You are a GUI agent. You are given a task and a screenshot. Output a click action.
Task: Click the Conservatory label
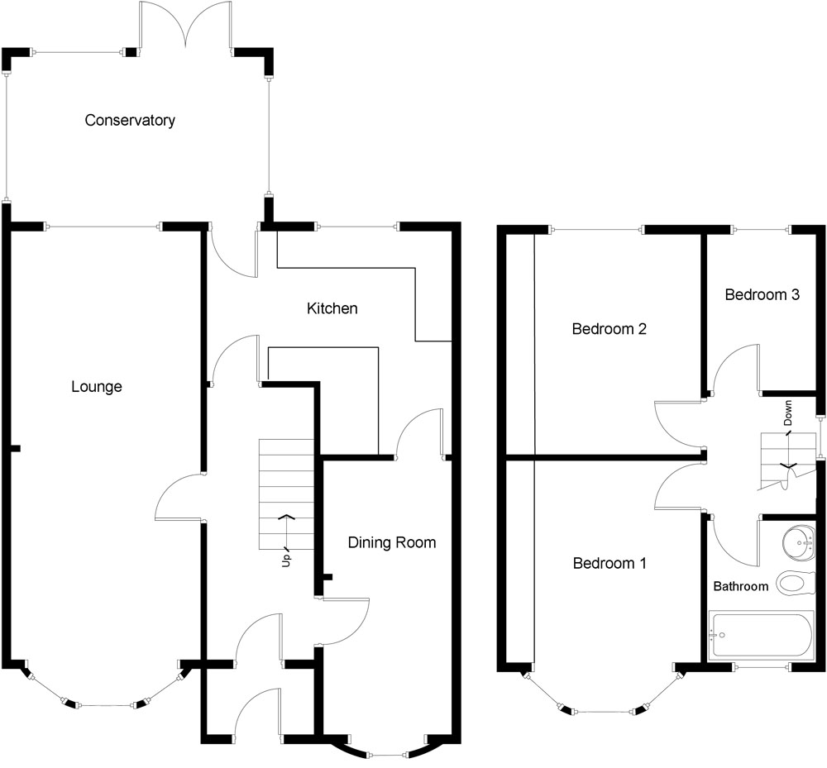[x=130, y=121]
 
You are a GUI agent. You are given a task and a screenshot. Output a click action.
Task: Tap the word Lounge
[x=96, y=386]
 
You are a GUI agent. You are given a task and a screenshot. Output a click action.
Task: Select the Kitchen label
[x=332, y=308]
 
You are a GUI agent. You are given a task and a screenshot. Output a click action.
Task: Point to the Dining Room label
[x=391, y=542]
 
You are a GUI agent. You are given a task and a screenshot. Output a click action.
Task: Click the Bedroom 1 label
[x=609, y=564]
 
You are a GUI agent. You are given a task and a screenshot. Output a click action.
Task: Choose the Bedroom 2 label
[x=609, y=329]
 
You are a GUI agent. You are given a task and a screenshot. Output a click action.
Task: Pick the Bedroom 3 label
[x=762, y=294]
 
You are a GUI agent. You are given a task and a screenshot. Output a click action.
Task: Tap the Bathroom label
[x=741, y=586]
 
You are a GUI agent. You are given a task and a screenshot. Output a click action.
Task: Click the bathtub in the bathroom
[x=762, y=636]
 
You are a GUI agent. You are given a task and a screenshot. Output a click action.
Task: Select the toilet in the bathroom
[x=795, y=584]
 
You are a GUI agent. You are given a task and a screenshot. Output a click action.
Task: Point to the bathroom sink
[x=801, y=542]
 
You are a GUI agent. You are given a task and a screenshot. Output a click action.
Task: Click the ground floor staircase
[x=286, y=494]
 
